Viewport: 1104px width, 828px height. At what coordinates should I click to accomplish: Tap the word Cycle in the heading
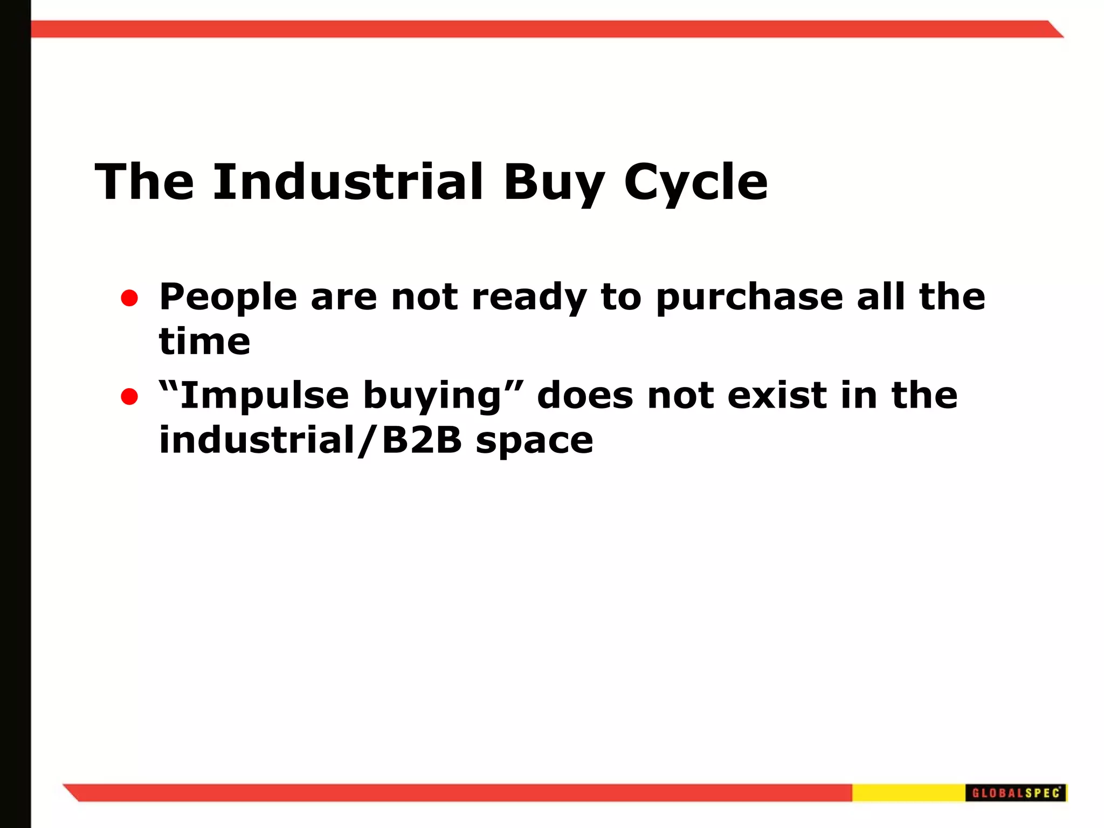695,183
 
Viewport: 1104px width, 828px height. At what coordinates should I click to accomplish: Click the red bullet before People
129,298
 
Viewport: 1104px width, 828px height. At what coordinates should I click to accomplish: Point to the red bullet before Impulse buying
129,397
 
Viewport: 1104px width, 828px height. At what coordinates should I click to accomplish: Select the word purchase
749,298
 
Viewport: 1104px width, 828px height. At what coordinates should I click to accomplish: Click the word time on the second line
204,342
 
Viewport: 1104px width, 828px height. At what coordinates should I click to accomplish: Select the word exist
777,396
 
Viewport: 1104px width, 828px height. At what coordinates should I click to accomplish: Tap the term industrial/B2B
310,440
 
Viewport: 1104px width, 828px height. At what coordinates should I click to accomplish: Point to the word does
585,396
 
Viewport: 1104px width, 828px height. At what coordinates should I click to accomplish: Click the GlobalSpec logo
1016,792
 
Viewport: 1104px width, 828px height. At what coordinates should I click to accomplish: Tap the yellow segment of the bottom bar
908,792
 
